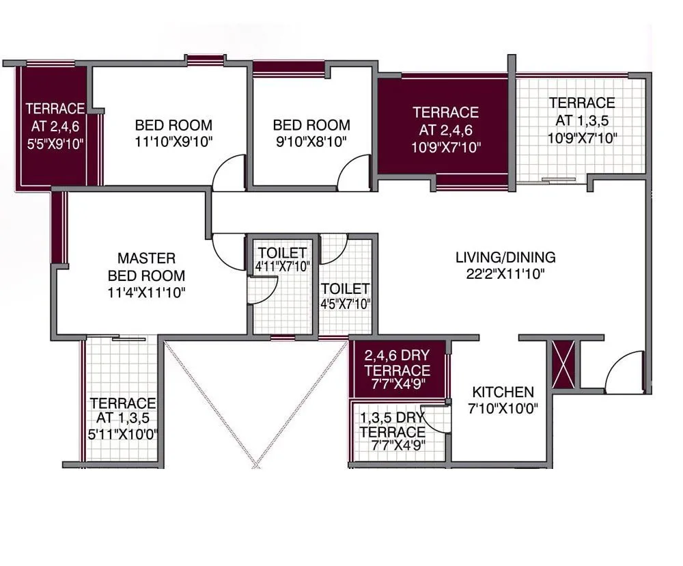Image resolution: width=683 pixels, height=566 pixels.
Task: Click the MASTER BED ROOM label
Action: click(x=146, y=267)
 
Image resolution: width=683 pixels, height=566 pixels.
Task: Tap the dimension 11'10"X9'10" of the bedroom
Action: click(x=173, y=142)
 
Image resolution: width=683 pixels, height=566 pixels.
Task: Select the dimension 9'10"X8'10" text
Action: click(x=311, y=142)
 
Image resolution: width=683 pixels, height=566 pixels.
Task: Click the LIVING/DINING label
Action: click(x=505, y=258)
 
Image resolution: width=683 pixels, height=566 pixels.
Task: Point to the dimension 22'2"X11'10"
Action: click(x=505, y=274)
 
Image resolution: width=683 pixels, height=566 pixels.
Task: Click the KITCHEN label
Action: click(x=503, y=392)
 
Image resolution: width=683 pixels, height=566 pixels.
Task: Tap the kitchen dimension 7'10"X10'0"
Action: click(x=504, y=409)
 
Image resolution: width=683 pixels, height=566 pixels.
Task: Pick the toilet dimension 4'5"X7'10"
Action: click(x=345, y=304)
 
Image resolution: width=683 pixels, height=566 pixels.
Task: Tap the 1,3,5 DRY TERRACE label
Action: click(x=392, y=424)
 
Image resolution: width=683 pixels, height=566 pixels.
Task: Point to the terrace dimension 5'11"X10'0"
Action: click(x=123, y=434)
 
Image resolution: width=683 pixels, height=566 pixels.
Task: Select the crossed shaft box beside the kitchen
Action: click(x=564, y=365)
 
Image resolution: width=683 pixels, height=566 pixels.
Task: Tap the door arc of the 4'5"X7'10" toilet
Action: click(x=334, y=250)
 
